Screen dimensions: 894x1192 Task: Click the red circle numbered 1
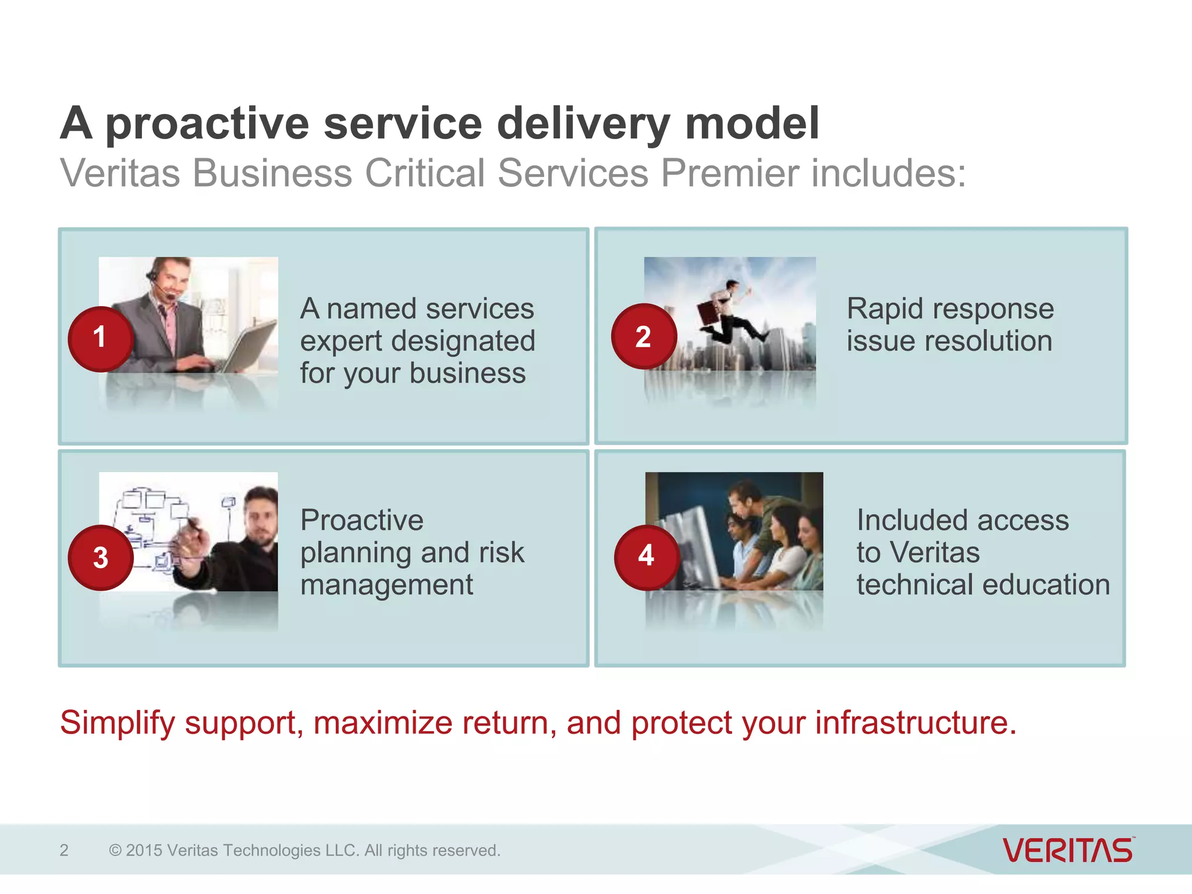(x=101, y=339)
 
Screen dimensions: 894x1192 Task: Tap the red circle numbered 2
(x=644, y=336)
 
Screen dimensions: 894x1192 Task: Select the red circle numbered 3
(x=101, y=558)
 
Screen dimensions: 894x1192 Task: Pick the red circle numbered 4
(x=647, y=556)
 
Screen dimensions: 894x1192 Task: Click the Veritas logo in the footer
(x=1068, y=850)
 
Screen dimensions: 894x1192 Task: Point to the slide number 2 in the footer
(x=64, y=850)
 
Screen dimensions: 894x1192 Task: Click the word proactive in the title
(x=207, y=124)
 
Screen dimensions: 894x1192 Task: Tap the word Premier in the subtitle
(x=729, y=173)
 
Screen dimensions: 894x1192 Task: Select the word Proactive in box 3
(x=361, y=520)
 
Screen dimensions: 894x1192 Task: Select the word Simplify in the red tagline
(x=118, y=723)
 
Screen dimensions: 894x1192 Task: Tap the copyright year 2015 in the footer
(x=144, y=850)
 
